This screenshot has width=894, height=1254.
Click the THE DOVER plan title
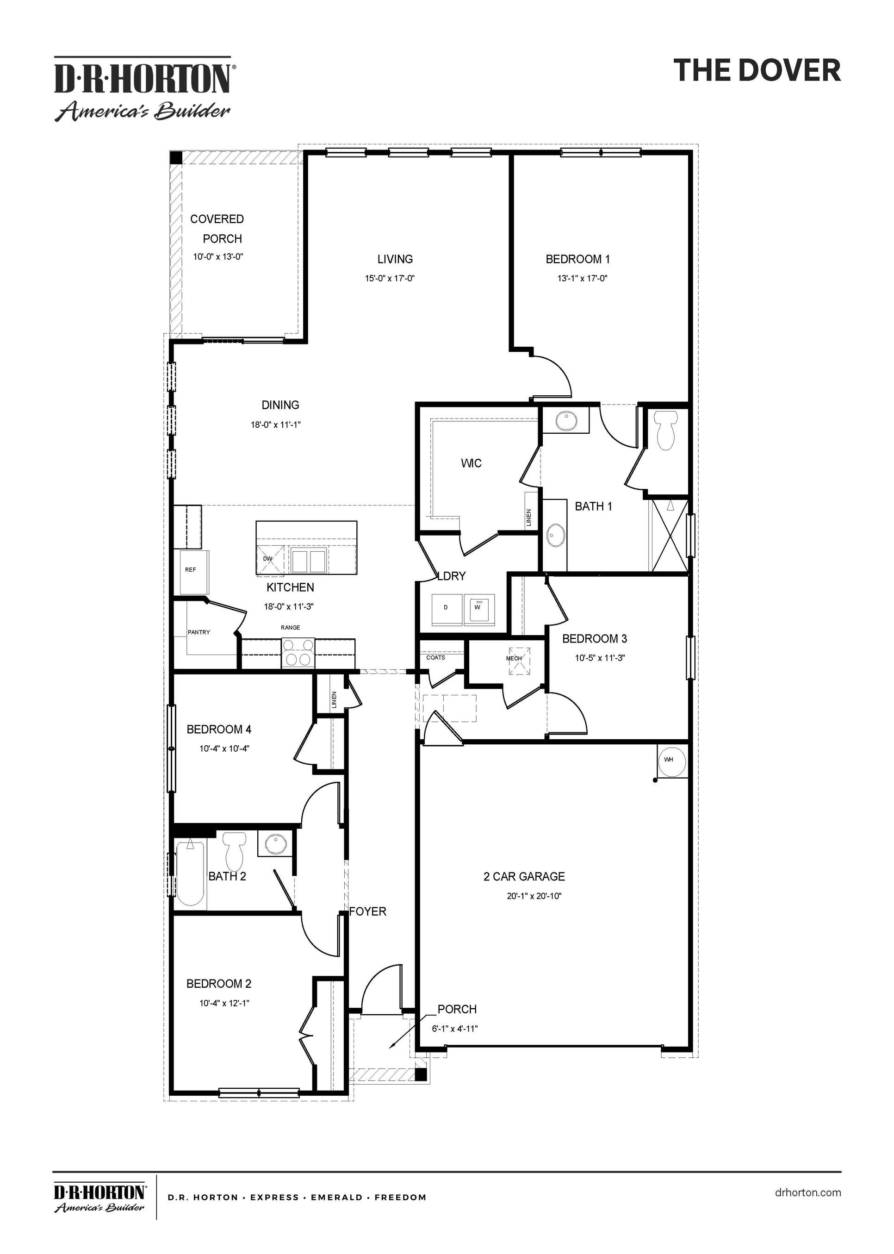click(757, 70)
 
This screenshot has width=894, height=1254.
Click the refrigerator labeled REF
click(191, 571)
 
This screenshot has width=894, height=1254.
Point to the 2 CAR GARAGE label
click(524, 876)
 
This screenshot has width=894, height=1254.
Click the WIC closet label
click(471, 463)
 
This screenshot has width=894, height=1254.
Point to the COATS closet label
click(435, 658)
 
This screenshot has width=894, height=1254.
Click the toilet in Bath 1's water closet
click(667, 430)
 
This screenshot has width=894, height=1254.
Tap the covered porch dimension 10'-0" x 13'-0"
click(218, 256)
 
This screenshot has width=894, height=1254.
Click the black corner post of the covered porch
click(176, 157)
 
